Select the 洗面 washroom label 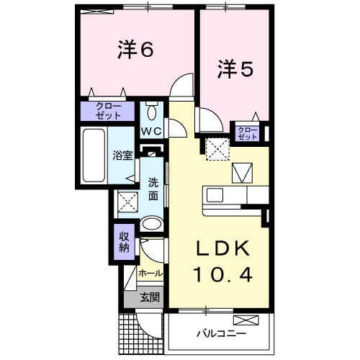point(153,188)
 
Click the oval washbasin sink point(152,224)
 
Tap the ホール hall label point(150,274)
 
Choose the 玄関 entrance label point(149,297)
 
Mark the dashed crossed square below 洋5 point(217,148)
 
